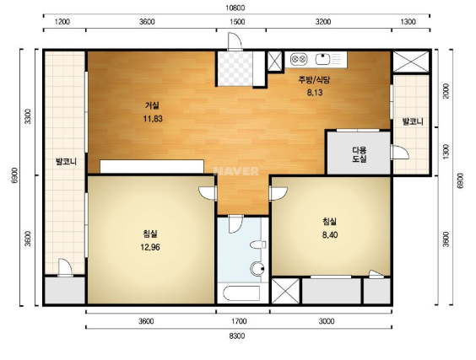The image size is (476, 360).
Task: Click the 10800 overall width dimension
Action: pos(235,8)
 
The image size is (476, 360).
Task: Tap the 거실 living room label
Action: pos(152,105)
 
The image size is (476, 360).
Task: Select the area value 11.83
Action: pos(153,119)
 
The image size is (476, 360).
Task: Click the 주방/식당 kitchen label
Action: pos(314,80)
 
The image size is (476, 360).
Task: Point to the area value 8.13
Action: pos(315,93)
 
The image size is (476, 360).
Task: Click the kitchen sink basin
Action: pos(322,59)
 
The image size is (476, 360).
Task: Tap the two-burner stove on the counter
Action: pos(299,59)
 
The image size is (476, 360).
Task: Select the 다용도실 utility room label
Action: pos(360,154)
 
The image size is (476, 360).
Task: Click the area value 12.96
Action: pos(150,247)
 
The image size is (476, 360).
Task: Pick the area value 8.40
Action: pos(330,234)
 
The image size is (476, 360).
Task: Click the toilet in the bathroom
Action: pos(257,244)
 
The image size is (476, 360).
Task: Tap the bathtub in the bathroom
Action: pos(241,293)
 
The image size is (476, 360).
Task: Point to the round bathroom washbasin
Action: pos(257,269)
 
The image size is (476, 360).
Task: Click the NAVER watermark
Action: pos(236,171)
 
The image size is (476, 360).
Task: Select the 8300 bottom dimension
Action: pos(237,336)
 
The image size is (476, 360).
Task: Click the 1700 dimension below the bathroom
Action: pos(239,321)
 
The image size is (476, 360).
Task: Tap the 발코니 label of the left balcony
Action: pos(66,161)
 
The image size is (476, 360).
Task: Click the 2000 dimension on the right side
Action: pos(446,91)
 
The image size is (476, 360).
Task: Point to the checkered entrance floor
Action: pos(235,68)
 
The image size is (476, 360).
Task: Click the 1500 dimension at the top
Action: pos(237,22)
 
